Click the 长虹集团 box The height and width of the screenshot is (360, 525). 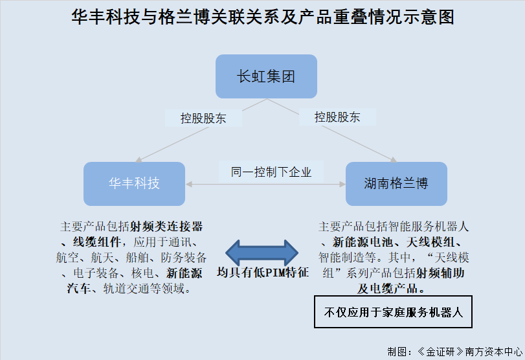(x=266, y=76)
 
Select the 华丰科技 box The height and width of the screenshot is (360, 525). (x=134, y=184)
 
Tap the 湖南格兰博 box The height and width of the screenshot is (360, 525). (x=396, y=184)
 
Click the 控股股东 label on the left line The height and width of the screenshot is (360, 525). (x=203, y=118)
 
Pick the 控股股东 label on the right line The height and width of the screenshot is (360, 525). (x=337, y=117)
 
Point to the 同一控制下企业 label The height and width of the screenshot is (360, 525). (x=271, y=172)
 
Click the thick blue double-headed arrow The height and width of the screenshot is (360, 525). (x=262, y=253)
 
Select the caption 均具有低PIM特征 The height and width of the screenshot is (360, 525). (x=263, y=272)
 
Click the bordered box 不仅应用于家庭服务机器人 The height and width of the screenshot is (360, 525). (x=393, y=312)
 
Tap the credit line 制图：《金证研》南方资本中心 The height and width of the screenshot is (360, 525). (x=454, y=352)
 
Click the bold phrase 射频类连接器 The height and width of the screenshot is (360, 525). (x=166, y=227)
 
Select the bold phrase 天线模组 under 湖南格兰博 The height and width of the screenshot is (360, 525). (x=430, y=242)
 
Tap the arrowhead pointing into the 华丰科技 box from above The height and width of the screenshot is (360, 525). (x=139, y=160)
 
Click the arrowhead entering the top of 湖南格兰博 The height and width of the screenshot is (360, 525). (x=393, y=160)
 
